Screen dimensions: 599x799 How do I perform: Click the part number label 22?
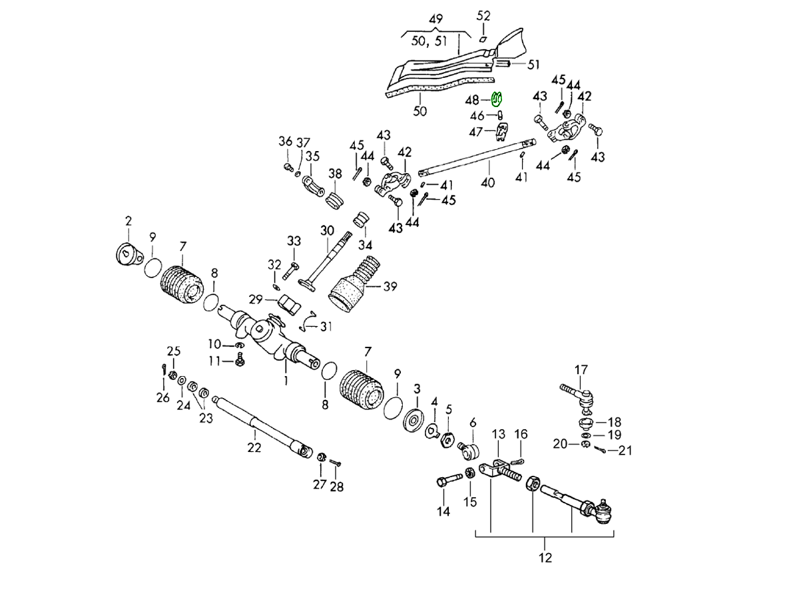(x=254, y=448)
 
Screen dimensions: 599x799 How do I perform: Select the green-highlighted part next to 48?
(x=496, y=100)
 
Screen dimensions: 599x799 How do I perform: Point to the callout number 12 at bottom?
(x=545, y=558)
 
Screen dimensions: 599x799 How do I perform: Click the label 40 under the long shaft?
(x=488, y=182)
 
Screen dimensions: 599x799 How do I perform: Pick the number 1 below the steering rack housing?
(x=286, y=381)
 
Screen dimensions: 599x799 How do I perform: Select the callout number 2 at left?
(x=128, y=220)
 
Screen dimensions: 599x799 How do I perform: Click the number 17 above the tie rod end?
(x=581, y=369)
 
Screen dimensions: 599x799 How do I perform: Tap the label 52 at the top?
(x=483, y=15)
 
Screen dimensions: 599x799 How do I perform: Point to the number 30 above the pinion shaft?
(x=326, y=231)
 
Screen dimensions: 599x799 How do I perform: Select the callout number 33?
(x=294, y=240)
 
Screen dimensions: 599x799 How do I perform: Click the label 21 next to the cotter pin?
(x=624, y=451)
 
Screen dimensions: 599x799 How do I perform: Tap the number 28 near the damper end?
(x=337, y=487)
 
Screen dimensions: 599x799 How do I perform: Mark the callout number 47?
(x=475, y=132)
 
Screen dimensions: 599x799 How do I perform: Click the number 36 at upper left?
(x=285, y=141)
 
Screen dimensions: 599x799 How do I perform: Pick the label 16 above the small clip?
(x=521, y=434)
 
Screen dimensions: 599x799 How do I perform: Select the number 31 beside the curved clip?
(x=325, y=326)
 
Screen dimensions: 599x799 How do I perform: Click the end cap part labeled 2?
(x=129, y=253)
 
